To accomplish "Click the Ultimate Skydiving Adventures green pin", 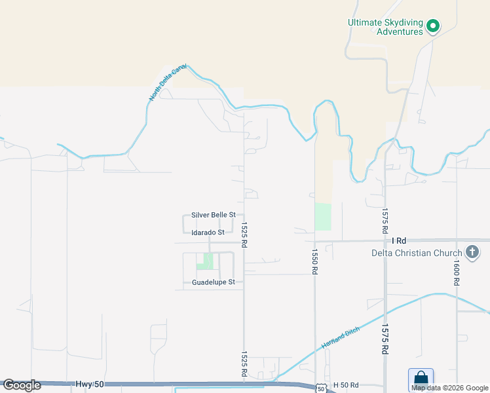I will [x=432, y=26].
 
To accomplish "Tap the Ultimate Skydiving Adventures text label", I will [x=385, y=27].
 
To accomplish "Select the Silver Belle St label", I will [x=214, y=215].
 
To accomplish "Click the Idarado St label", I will [x=208, y=233].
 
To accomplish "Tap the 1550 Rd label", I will [x=314, y=261].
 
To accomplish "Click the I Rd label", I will [x=399, y=241].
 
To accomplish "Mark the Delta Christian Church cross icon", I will [x=472, y=253].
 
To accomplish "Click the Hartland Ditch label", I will [x=337, y=335].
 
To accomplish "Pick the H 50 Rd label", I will [x=346, y=384].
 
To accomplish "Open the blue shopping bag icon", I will [x=421, y=379].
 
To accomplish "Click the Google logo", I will [x=22, y=385].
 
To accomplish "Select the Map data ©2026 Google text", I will [x=449, y=388].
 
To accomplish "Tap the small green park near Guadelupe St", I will [x=205, y=261].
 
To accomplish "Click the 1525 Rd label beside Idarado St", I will [x=244, y=234].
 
